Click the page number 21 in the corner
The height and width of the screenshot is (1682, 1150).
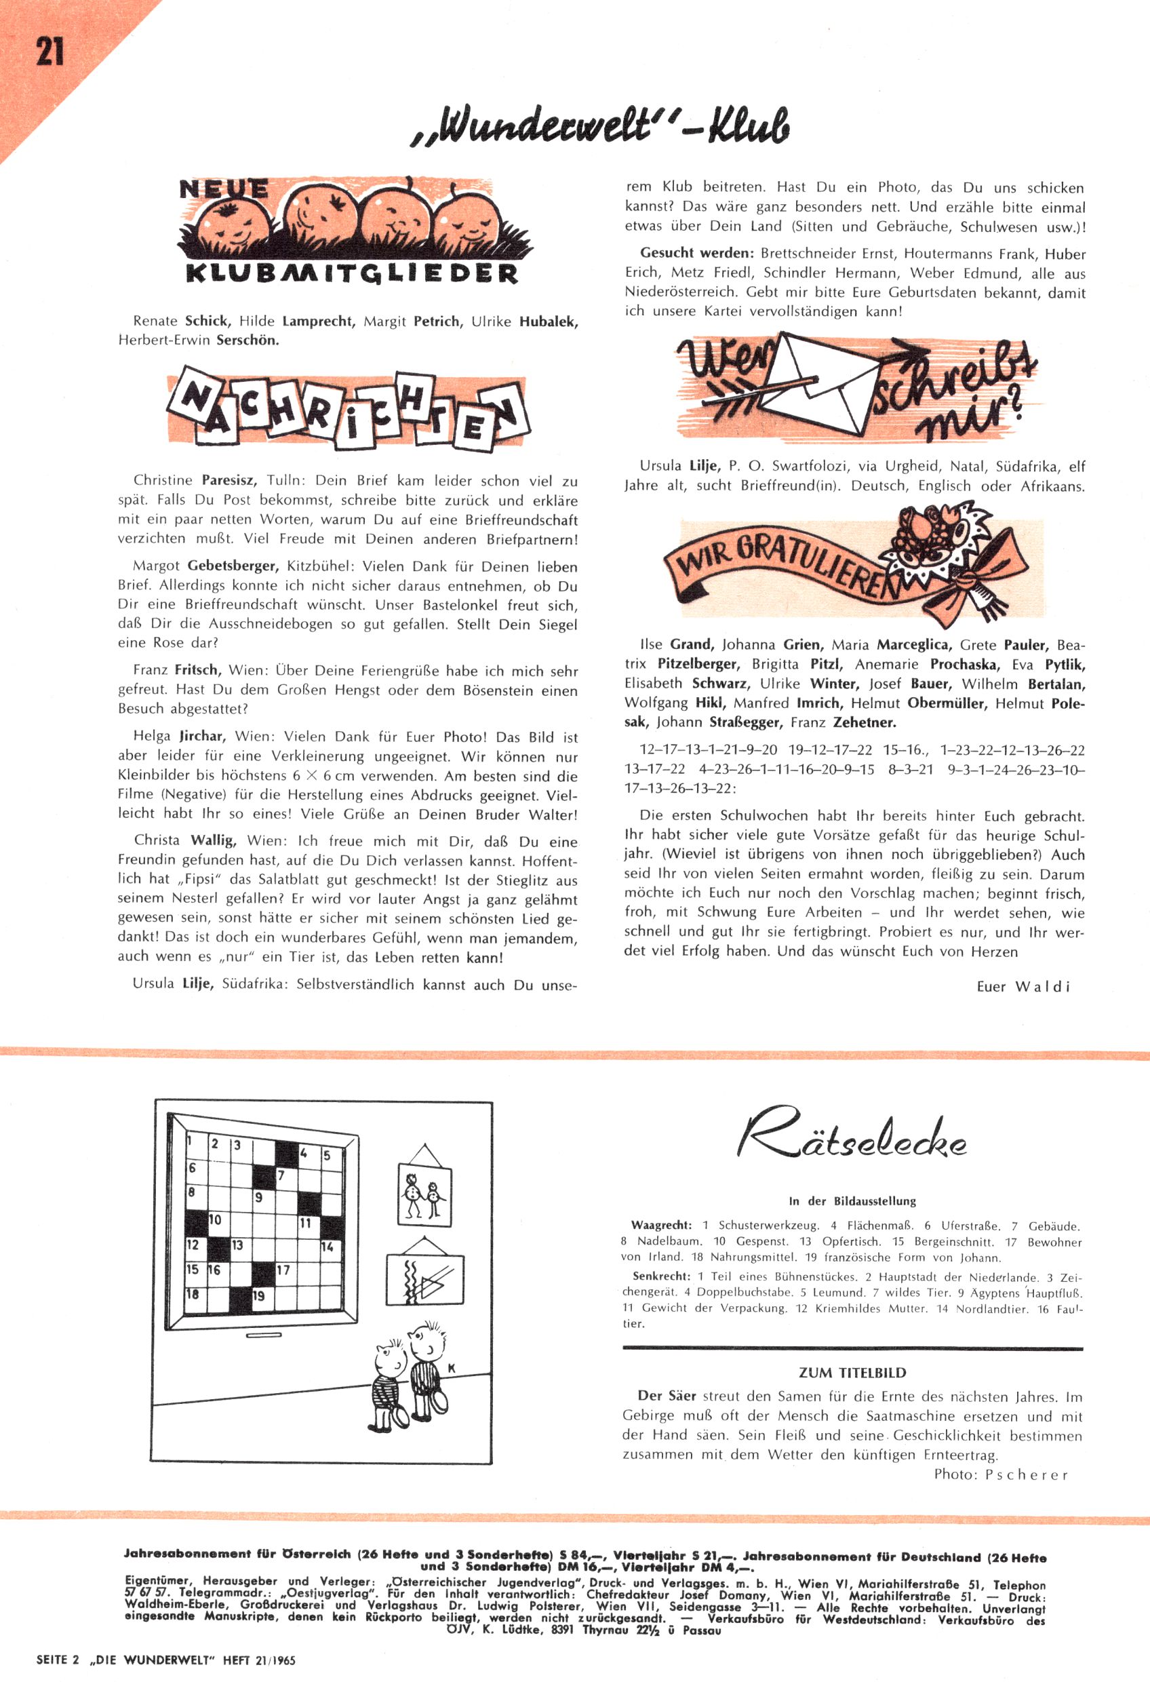click(x=49, y=52)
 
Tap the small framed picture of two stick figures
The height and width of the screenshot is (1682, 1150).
click(x=425, y=1191)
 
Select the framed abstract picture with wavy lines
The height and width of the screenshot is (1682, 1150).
click(x=425, y=1279)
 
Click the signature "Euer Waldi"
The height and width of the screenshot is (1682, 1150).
click(x=1023, y=986)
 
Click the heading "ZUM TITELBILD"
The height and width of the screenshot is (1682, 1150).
click(x=852, y=1372)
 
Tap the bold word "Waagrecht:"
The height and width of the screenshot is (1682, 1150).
click(x=660, y=1226)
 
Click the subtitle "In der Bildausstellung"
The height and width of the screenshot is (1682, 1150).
click(x=852, y=1200)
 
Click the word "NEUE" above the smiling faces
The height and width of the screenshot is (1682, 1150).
click(x=223, y=190)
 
